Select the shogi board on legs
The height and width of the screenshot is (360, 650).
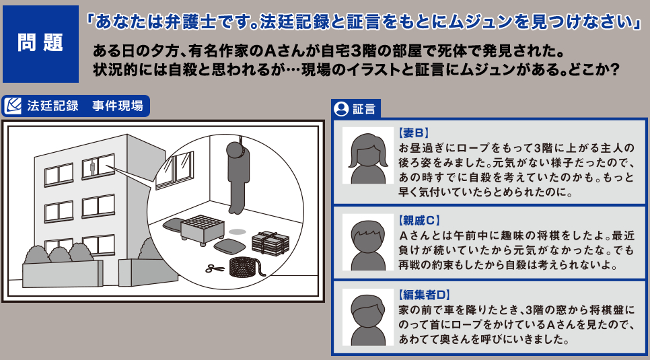pos(203,229)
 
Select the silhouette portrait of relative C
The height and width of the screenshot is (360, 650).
pos(367,240)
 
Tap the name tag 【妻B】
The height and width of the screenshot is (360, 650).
pos(414,133)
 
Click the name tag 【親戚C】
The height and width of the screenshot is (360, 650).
pos(419,220)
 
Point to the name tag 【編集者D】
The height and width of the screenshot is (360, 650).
pos(423,295)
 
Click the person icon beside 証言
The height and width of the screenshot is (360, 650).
pos(342,109)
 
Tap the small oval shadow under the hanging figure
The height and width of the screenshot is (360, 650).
pos(237,231)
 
